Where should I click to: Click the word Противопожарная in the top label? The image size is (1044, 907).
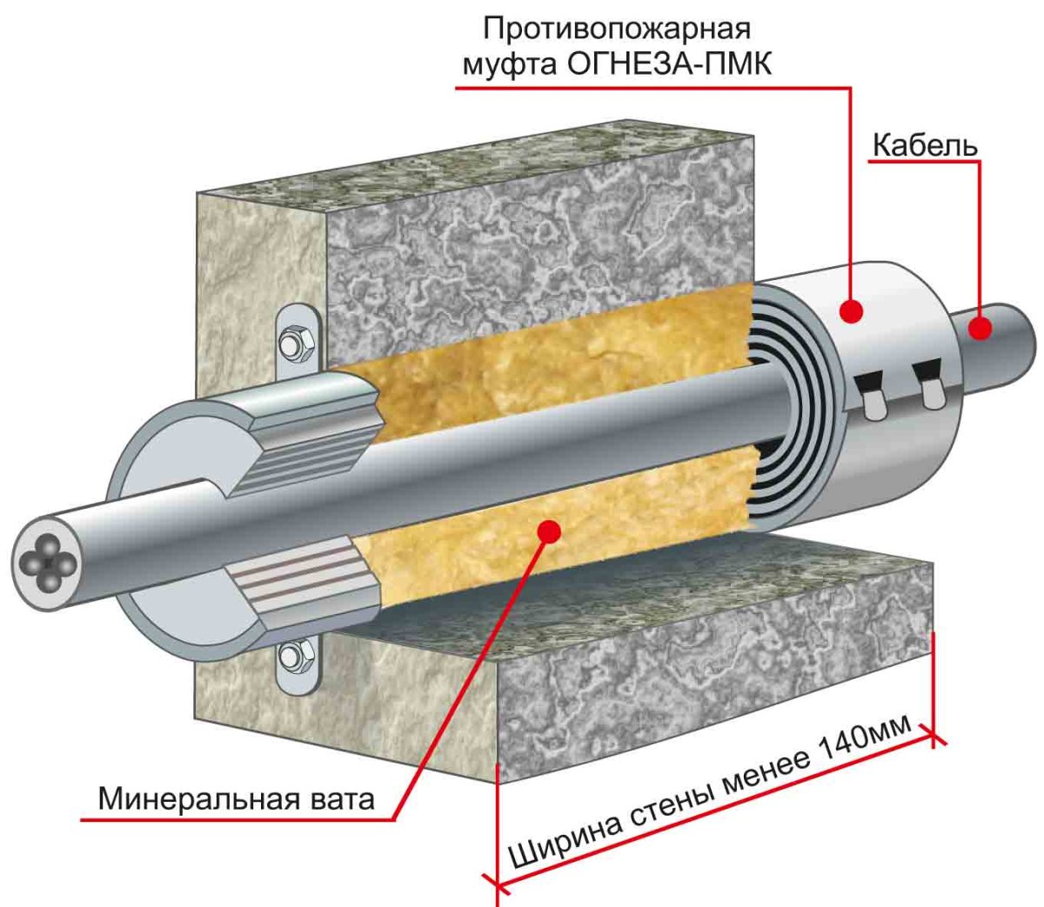point(616,29)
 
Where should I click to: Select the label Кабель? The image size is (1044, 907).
point(924,145)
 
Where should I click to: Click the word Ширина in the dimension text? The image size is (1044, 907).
point(564,837)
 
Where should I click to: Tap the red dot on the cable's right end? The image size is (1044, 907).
point(981,328)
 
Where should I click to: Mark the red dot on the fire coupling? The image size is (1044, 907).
point(852,308)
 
